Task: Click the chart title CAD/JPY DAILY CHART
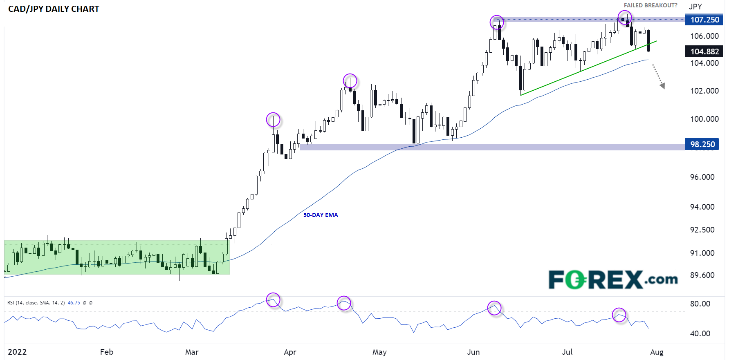click(x=54, y=9)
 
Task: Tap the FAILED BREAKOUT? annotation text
click(x=650, y=5)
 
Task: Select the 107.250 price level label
click(x=704, y=20)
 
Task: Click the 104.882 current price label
click(x=704, y=51)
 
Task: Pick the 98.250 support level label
click(x=702, y=144)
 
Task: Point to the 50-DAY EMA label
click(x=321, y=215)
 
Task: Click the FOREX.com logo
click(x=613, y=280)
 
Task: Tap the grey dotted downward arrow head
click(x=662, y=86)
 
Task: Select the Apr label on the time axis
click(x=290, y=352)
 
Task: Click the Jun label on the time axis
click(x=473, y=352)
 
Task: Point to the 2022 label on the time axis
click(x=17, y=352)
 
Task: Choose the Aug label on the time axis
click(x=657, y=352)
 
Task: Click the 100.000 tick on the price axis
click(x=704, y=119)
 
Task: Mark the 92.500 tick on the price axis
click(x=702, y=230)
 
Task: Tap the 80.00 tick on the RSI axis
click(x=700, y=304)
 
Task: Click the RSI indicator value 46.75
click(x=74, y=303)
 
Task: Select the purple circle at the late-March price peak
click(x=273, y=120)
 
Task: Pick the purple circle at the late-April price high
click(x=350, y=81)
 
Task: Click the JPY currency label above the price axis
click(x=695, y=7)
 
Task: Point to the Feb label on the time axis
click(x=106, y=352)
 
